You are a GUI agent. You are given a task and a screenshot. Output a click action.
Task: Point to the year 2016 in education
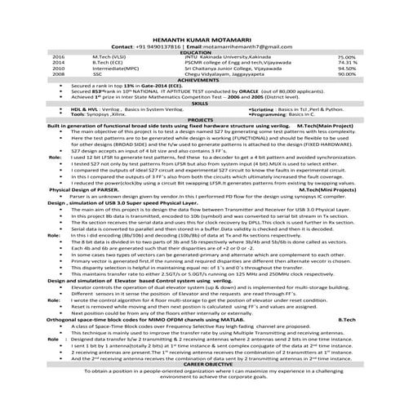pos(58,58)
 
